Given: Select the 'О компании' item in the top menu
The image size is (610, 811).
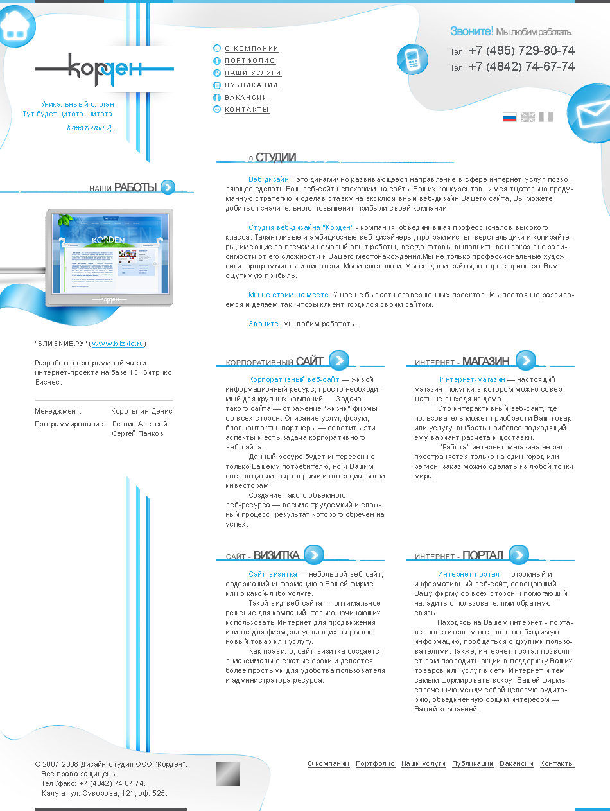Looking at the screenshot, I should tap(252, 49).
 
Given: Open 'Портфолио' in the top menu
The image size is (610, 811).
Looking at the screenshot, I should tap(250, 61).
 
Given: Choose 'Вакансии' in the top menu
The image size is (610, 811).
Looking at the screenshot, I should tap(246, 98).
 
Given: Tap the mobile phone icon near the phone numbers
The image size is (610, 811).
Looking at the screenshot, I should tap(412, 59).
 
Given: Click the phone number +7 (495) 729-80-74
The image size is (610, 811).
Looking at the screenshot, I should tap(521, 51).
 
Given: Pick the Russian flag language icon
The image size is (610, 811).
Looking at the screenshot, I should tap(509, 117).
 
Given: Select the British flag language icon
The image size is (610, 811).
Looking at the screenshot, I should tap(527, 117).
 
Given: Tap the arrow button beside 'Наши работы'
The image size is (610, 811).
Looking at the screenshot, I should tap(168, 187).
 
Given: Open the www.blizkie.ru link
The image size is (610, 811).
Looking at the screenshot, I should tap(118, 344).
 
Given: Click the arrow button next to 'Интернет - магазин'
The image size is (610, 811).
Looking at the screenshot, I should tap(525, 360).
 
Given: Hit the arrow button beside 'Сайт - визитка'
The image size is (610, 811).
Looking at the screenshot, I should tap(314, 554).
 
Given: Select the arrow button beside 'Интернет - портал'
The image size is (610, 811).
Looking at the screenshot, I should tap(518, 554).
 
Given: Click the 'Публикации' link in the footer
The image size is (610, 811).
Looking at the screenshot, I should tap(473, 764).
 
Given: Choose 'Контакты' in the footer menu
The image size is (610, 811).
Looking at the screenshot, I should tap(557, 764).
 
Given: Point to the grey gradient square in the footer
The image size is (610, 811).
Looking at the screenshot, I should tap(227, 774).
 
